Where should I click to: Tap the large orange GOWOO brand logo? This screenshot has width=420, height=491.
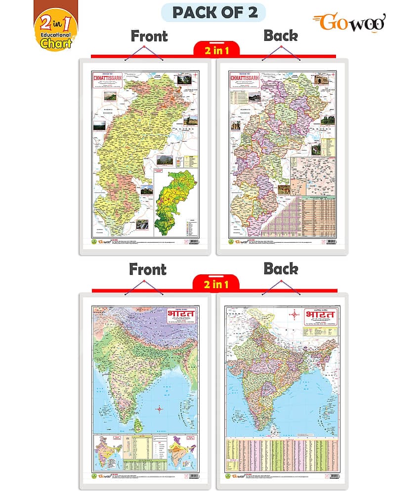coord(349,23)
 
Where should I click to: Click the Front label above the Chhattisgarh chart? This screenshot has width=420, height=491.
coord(149,36)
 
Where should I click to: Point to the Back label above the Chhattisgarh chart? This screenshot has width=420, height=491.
coord(280,36)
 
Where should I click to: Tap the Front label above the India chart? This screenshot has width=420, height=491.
coord(147,269)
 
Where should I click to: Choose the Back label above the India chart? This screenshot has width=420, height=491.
coord(280,269)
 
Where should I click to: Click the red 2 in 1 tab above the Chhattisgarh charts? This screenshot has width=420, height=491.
coord(215,49)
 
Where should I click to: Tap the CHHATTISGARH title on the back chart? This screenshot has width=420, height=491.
coord(245,79)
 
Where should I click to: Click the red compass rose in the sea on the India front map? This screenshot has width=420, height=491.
coord(159,409)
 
